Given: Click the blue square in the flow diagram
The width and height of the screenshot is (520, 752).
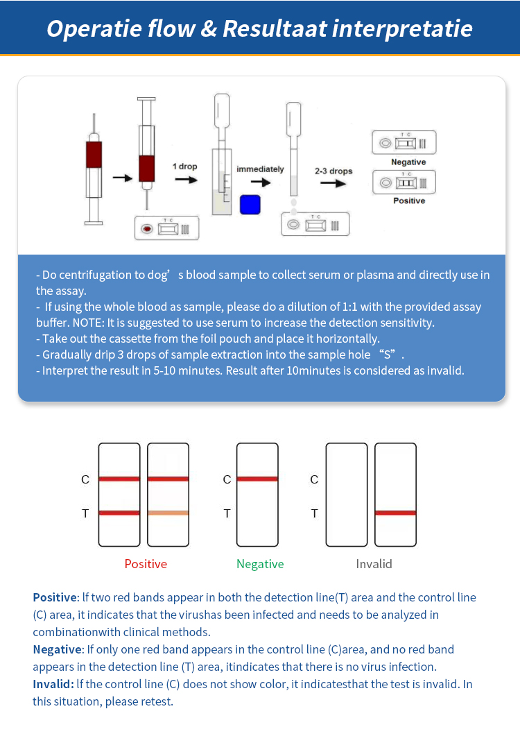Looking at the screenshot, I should [x=250, y=205].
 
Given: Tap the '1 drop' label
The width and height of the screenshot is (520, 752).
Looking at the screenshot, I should [x=185, y=166].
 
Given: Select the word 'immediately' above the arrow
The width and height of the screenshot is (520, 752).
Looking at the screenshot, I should [x=260, y=169].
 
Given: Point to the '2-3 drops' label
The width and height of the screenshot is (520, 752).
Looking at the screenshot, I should [x=333, y=171].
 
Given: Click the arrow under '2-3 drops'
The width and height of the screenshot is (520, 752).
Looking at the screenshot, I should [x=333, y=184].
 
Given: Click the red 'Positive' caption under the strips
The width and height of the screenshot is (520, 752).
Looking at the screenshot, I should [x=146, y=564].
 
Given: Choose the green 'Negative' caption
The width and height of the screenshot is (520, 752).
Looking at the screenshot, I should [x=260, y=564].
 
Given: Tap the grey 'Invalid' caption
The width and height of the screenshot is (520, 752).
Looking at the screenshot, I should [x=374, y=564].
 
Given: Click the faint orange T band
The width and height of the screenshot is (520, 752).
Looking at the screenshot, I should [x=168, y=513].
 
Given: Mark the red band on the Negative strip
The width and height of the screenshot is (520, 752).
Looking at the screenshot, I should [x=257, y=479].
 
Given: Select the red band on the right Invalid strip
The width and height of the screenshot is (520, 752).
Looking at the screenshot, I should [x=395, y=513].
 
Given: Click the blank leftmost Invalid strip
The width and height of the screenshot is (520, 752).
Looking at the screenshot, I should [x=347, y=494].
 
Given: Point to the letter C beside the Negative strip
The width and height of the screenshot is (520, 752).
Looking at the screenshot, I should [x=227, y=479].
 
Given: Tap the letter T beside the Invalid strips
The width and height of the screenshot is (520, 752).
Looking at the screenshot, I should [x=314, y=513].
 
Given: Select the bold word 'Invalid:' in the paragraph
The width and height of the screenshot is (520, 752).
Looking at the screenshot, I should [x=53, y=684].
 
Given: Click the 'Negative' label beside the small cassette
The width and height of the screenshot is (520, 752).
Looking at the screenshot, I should [x=408, y=162].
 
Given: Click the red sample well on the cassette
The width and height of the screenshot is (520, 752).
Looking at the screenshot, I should [x=146, y=228].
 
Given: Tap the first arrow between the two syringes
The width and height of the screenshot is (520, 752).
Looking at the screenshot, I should [x=122, y=178].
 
